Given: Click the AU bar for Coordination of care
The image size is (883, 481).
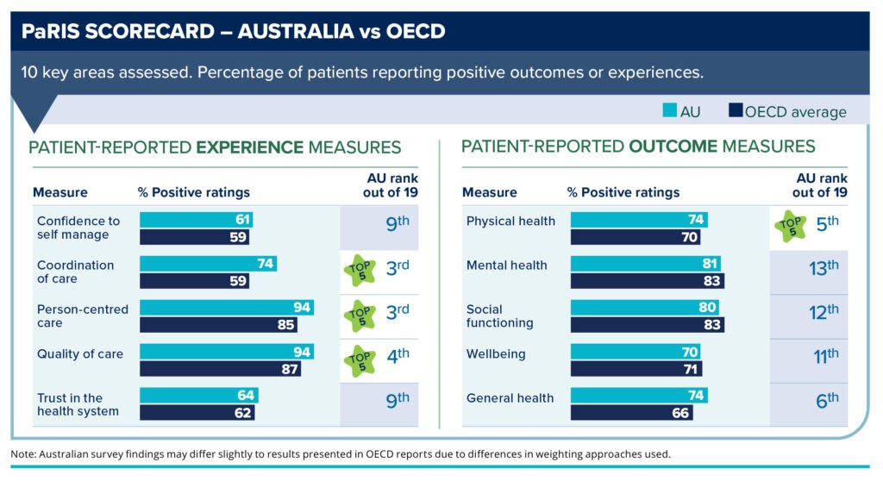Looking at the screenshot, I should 208,264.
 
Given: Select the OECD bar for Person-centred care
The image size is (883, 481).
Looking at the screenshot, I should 218,325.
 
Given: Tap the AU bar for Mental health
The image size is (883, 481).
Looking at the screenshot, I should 646,264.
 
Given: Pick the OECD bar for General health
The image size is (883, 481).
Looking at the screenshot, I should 631,413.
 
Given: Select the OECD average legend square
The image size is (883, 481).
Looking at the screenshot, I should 736,110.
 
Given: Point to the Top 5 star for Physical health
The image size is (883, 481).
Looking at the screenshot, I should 789,227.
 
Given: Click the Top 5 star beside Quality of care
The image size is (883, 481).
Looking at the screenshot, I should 360,359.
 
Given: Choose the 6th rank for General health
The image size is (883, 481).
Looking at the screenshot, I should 826,399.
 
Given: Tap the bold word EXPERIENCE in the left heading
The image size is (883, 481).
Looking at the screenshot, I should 250,147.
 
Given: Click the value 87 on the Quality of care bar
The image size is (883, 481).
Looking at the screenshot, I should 290,369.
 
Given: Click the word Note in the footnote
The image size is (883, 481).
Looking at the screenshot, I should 23,453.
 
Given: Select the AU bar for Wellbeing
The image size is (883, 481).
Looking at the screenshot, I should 636,353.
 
